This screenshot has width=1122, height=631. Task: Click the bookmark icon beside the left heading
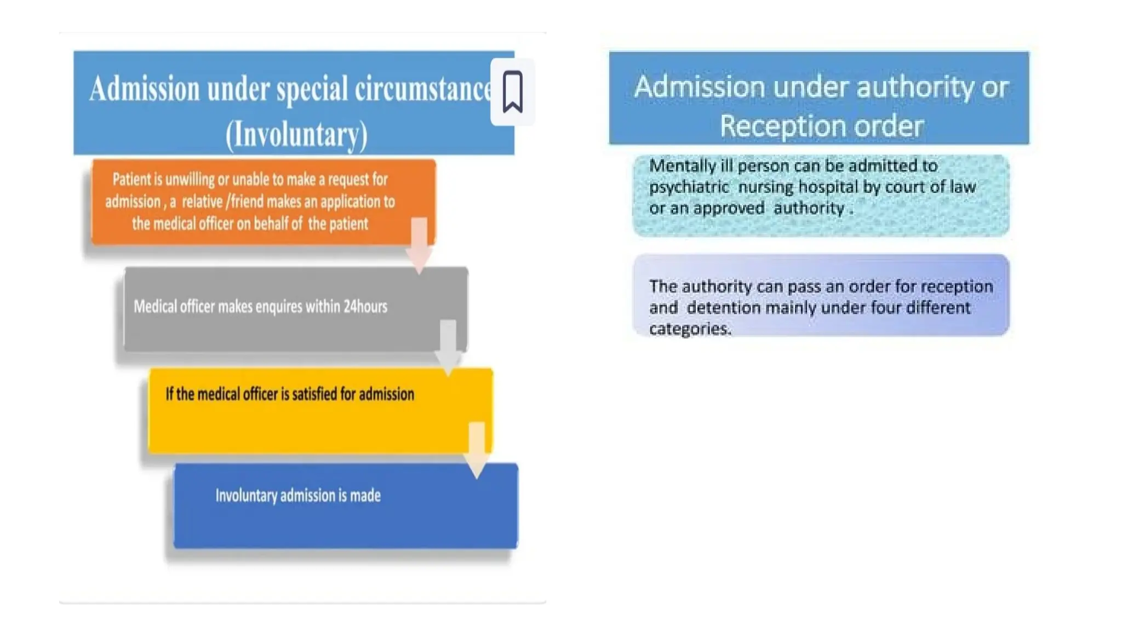pos(512,92)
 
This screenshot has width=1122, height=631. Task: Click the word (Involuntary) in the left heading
pos(296,135)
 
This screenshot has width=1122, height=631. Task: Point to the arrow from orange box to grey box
pos(419,245)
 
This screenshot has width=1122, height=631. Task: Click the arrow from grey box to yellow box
pos(448,347)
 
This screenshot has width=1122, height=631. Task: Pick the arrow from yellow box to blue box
pos(477,450)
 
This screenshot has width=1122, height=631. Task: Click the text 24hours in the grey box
pos(365,306)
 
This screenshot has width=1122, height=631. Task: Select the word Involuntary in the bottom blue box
pos(246,496)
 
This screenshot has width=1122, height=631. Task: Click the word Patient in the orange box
pos(131,179)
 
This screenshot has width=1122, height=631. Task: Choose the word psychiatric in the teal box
pos(689,187)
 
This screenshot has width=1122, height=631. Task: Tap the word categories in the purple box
pos(689,329)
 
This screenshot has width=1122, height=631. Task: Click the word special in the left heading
pos(312,89)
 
